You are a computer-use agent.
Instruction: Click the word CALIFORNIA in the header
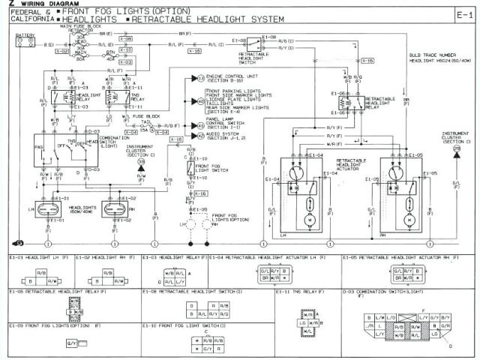click(28, 20)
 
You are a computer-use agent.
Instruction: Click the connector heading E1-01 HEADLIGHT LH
click(38, 258)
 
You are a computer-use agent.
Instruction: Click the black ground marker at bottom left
click(19, 244)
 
